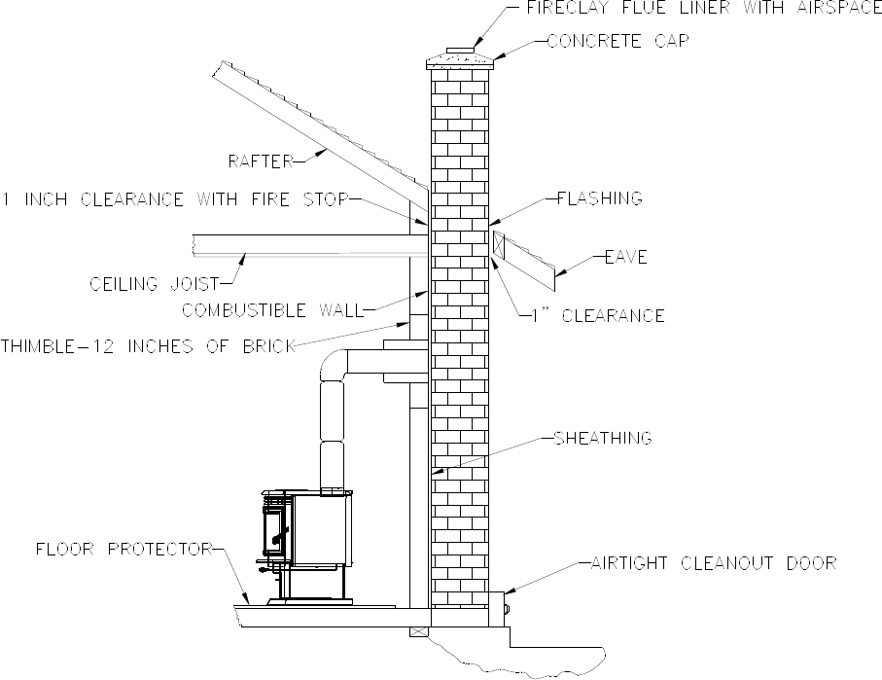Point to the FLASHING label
(x=599, y=198)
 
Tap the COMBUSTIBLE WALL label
(x=271, y=311)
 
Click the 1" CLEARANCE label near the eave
(x=599, y=316)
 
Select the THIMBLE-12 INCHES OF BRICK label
(x=147, y=346)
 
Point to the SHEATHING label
(x=601, y=439)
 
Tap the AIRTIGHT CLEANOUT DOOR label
(x=713, y=563)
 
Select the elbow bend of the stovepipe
(x=333, y=367)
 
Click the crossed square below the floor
(x=419, y=630)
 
